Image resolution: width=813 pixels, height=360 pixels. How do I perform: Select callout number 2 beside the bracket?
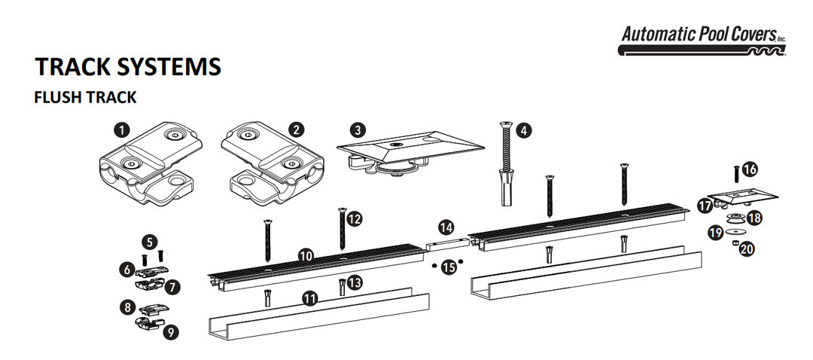point(297,129)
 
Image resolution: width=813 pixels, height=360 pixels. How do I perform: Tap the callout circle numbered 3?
point(358,129)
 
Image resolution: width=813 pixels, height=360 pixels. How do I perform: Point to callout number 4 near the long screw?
point(524,130)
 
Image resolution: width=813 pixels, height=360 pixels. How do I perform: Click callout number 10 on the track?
point(306,255)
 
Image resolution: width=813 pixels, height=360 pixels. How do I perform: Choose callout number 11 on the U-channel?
point(309,299)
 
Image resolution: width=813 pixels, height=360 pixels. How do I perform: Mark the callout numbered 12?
point(354,218)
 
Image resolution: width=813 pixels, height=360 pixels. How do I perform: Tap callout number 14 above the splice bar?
point(446,226)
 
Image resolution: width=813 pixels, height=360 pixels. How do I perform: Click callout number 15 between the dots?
point(449,267)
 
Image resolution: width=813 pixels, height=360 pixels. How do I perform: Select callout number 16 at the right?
point(750,169)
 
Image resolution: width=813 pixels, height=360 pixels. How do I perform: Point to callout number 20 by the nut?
point(747,249)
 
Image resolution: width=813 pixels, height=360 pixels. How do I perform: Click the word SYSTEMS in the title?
point(169,66)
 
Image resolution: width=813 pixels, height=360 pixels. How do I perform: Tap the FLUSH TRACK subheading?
point(84,98)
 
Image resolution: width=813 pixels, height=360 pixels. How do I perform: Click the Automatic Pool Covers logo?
point(702,41)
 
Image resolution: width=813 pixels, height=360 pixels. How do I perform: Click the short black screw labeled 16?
point(735,174)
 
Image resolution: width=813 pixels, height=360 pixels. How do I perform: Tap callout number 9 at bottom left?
point(172,331)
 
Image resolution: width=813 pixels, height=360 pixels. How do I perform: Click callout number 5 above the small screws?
point(151,242)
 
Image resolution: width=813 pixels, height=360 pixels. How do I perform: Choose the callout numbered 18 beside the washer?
point(754,218)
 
